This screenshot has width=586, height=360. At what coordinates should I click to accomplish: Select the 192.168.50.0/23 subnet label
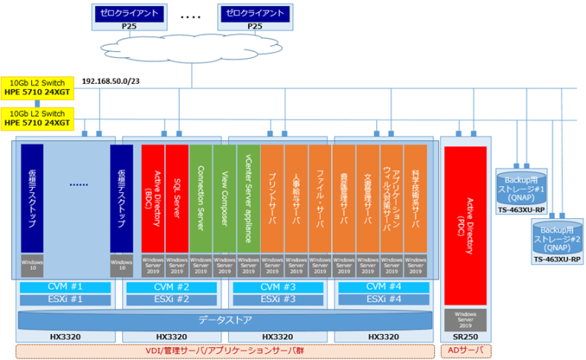pos(111,81)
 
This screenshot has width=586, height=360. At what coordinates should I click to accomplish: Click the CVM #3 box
pos(272,287)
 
